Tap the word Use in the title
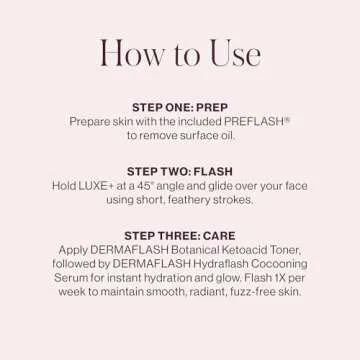pyautogui.click(x=233, y=53)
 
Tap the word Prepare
pyautogui.click(x=91, y=120)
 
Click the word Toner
pyautogui.click(x=286, y=250)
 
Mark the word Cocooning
pyautogui.click(x=288, y=264)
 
